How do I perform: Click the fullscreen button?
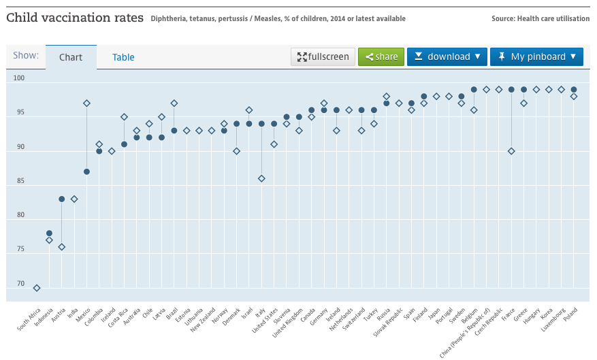coord(323,56)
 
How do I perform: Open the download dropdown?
coord(447,56)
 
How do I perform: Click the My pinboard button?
coord(536,56)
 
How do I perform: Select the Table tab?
coord(123,57)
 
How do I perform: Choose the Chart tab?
coord(71,57)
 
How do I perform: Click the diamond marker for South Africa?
coord(37,288)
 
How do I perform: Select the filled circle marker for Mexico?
coord(86,171)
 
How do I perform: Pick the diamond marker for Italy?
coord(261,178)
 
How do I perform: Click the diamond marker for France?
coord(511,151)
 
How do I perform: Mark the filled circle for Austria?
coord(62,199)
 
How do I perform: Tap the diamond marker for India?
coord(74,199)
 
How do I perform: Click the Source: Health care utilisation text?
coord(540,18)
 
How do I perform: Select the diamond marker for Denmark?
coord(236,151)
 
